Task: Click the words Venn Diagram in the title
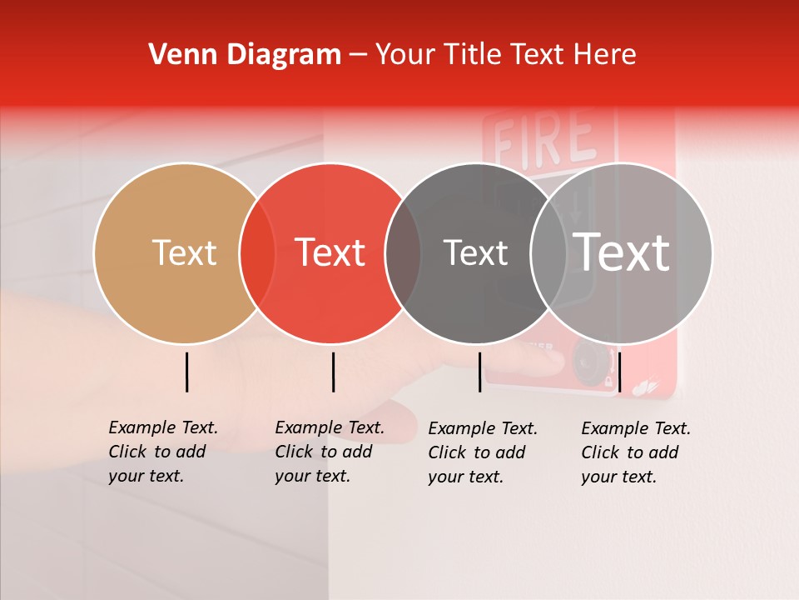pyautogui.click(x=245, y=55)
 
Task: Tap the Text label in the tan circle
pyautogui.click(x=184, y=252)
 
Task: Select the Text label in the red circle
pyautogui.click(x=330, y=252)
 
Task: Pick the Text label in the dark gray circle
pyautogui.click(x=475, y=252)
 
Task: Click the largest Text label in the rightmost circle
pyautogui.click(x=622, y=252)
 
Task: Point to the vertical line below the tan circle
pyautogui.click(x=187, y=372)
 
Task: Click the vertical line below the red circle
pyautogui.click(x=333, y=372)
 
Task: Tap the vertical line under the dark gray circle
pyautogui.click(x=480, y=372)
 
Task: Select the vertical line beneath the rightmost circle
pyautogui.click(x=619, y=372)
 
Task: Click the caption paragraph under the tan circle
pyautogui.click(x=163, y=452)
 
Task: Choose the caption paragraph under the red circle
pyautogui.click(x=330, y=452)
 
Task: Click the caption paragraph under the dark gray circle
pyautogui.click(x=483, y=452)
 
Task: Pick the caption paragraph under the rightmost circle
pyautogui.click(x=636, y=452)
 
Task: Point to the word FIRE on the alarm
pyautogui.click(x=544, y=139)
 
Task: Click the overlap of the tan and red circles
pyautogui.click(x=257, y=252)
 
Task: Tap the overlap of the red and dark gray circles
pyautogui.click(x=403, y=252)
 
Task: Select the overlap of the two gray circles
pyautogui.click(x=549, y=252)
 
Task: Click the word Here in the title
pyautogui.click(x=604, y=55)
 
